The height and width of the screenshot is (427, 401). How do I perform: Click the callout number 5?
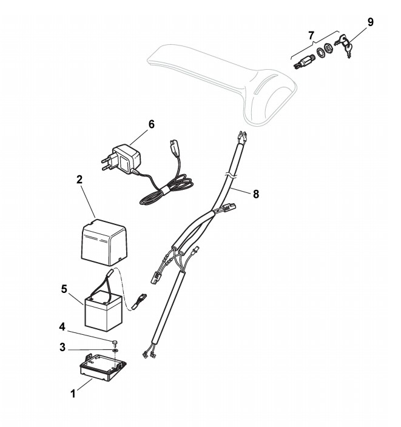tap(64, 288)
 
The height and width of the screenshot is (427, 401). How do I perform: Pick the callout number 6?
tap(151, 124)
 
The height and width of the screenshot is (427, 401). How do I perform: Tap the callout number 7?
tap(311, 35)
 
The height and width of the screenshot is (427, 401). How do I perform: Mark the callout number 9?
tap(369, 22)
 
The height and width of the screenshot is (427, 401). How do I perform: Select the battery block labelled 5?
tap(104, 311)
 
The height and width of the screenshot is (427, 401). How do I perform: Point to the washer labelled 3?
tap(115, 350)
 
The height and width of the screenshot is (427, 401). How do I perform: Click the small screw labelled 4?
tap(115, 343)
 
